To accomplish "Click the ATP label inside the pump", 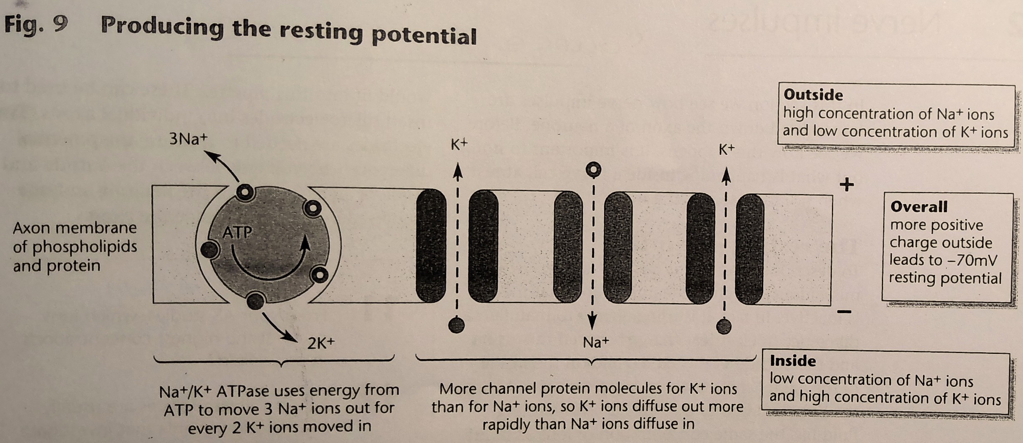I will pos(237,232).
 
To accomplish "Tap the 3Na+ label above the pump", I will pos(188,139).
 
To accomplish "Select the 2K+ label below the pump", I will pos(321,343).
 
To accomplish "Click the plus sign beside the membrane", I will pos(846,184).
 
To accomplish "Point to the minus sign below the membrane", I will pos(844,311).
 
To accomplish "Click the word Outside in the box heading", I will pos(813,95).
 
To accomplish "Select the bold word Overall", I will pos(918,207).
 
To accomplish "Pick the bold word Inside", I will pos(792,361).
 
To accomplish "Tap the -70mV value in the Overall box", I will pos(972,261).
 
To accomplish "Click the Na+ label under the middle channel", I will pos(595,343).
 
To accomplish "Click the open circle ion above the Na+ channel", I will pos(593,169).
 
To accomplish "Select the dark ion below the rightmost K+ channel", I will pos(724,326).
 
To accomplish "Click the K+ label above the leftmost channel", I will pos(459,144).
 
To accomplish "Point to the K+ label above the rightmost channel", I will pos(727,149).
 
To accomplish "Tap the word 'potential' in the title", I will pos(424,36).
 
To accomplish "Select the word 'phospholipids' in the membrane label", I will pos(85,247).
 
